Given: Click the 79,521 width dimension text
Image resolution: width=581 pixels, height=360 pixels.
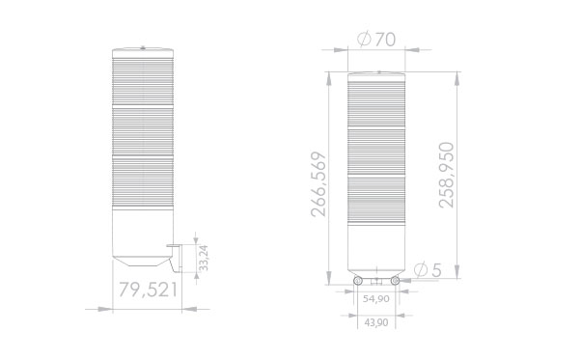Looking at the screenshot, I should (149, 290).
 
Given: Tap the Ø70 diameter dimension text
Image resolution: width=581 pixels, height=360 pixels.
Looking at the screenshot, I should (375, 41).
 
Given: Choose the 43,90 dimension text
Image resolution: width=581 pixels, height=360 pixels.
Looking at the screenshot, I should (375, 321).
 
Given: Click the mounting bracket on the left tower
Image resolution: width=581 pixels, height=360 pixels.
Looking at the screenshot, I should (175, 258).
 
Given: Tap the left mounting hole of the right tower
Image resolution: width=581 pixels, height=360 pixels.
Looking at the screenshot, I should (358, 280).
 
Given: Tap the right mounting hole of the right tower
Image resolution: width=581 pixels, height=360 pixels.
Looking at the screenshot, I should (395, 280).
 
